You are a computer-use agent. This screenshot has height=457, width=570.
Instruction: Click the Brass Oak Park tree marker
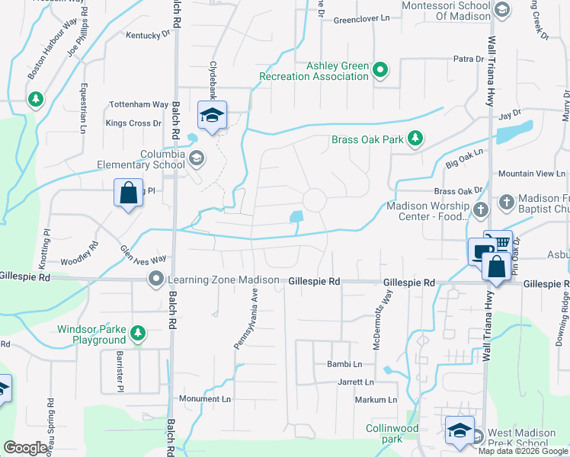(415, 139)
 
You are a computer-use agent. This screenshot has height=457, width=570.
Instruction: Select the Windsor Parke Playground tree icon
(137, 333)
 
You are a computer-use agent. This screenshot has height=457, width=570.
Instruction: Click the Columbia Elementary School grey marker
(197, 158)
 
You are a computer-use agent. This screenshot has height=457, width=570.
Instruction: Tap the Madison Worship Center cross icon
(480, 209)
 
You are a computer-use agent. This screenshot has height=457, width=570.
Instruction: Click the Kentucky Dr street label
(148, 35)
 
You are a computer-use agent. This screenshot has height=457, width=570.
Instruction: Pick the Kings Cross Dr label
(133, 123)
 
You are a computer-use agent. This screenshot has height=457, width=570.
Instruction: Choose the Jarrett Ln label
(356, 382)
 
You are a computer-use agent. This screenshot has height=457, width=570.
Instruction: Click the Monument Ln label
(204, 398)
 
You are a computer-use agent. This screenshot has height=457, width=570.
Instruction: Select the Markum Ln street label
(376, 400)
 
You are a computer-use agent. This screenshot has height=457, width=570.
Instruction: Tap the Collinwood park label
(391, 433)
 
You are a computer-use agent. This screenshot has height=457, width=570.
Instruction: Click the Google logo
(25, 447)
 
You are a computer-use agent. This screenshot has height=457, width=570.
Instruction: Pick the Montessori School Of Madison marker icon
(501, 9)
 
